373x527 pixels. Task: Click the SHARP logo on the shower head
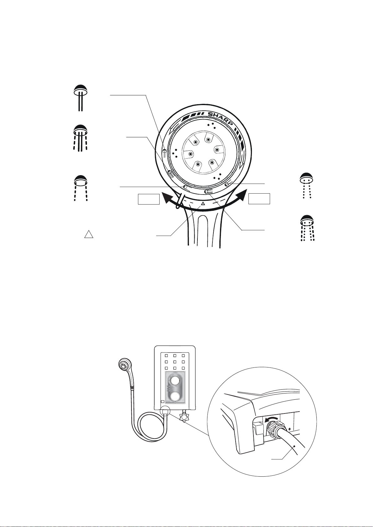click(221, 119)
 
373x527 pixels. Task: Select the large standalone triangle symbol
click(89, 234)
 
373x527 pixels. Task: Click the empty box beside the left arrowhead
click(149, 199)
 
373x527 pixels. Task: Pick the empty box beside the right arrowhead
click(259, 199)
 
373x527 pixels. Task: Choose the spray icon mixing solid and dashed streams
click(80, 138)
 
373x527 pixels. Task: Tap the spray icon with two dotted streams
click(307, 186)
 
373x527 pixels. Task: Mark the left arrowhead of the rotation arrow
click(167, 198)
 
